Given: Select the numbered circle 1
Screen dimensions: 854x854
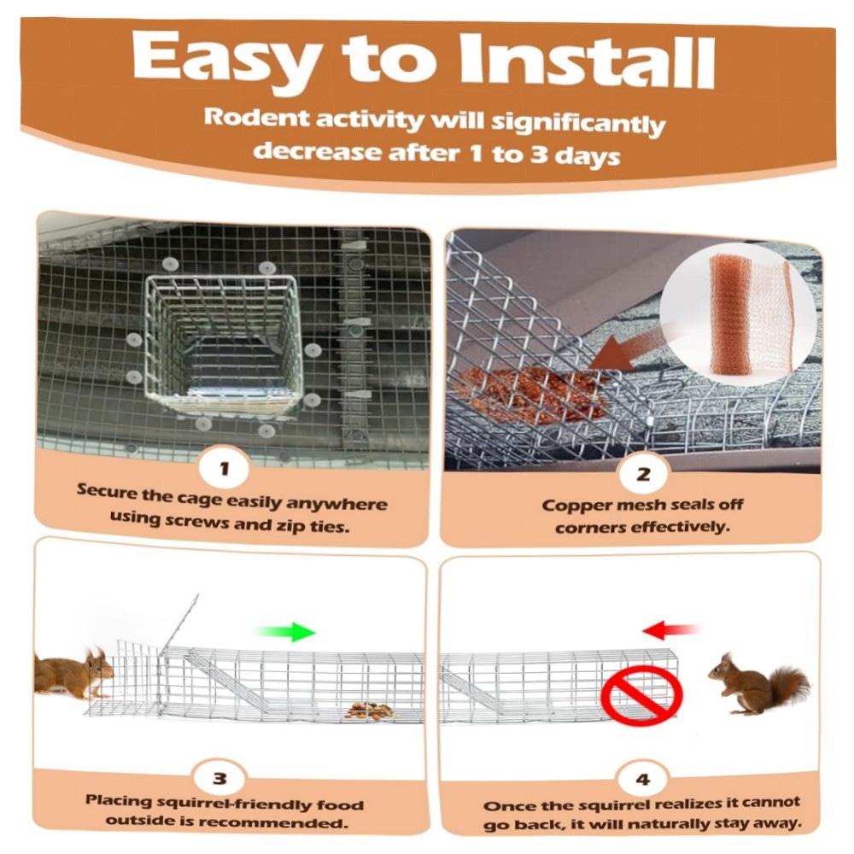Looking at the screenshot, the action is [225, 468].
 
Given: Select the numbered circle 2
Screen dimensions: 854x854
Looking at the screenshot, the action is [643, 473].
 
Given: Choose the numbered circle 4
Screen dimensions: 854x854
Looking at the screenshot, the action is [643, 779].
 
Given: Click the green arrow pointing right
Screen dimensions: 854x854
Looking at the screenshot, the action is [284, 632].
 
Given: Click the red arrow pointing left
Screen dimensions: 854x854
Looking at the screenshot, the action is [670, 630].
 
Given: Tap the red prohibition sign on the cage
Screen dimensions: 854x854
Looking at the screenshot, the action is [641, 695].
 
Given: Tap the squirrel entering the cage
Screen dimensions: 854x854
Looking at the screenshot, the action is [74, 673].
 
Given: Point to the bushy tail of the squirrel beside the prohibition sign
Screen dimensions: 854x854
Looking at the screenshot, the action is [787, 687].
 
